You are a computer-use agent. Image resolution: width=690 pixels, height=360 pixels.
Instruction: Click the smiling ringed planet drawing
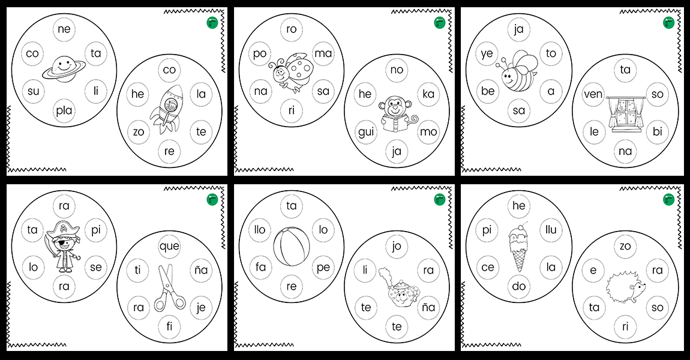(64, 70)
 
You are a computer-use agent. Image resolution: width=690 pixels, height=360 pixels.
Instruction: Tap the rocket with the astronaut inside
(166, 109)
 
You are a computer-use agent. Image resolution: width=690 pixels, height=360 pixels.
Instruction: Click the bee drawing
(518, 70)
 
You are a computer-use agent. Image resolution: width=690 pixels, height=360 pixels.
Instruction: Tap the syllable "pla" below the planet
(64, 110)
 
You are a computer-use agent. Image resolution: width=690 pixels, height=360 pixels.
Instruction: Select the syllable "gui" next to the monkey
(366, 132)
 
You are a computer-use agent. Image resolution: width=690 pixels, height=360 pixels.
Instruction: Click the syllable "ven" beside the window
(593, 94)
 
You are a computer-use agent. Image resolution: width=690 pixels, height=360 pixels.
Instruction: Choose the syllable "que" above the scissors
(169, 246)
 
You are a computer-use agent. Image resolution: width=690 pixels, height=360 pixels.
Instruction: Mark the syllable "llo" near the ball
(260, 229)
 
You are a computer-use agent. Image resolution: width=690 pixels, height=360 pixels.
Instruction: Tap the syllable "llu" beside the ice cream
(551, 229)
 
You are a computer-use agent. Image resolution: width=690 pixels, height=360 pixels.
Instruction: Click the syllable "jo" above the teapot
(397, 246)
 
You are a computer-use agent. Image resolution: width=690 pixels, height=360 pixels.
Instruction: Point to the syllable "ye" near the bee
(487, 53)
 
